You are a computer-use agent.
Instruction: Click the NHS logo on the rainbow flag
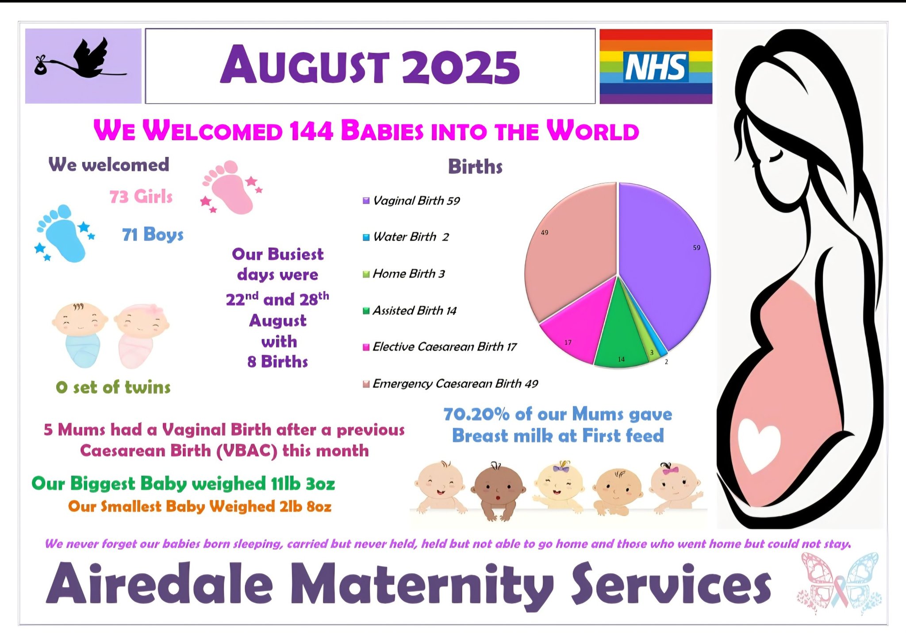point(656,67)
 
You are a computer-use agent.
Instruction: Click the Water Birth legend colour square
point(366,237)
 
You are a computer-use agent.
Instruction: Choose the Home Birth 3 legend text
point(409,274)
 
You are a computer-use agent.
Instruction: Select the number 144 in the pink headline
point(311,131)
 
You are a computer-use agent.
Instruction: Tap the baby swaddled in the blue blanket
point(80,335)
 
